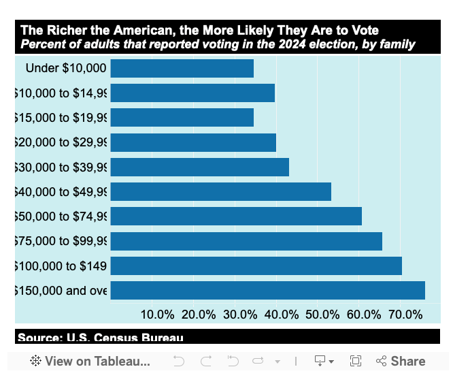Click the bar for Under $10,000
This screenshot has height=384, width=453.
point(182,68)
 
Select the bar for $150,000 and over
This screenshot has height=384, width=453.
point(267,290)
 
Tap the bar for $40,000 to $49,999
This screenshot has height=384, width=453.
point(220,191)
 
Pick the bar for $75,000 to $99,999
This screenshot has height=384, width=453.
point(246,241)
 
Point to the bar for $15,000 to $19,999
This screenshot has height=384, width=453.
point(182,118)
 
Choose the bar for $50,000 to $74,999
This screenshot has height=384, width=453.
point(236,217)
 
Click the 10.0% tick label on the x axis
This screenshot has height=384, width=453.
point(157,315)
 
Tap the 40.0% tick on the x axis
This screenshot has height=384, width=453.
point(281,315)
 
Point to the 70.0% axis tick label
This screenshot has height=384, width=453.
point(405,315)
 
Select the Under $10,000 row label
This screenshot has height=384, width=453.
point(66,68)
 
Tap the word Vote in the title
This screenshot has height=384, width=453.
point(364,31)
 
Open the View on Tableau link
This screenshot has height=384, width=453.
point(90,362)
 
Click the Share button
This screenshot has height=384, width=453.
point(401,362)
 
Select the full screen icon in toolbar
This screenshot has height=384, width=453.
point(355,362)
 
